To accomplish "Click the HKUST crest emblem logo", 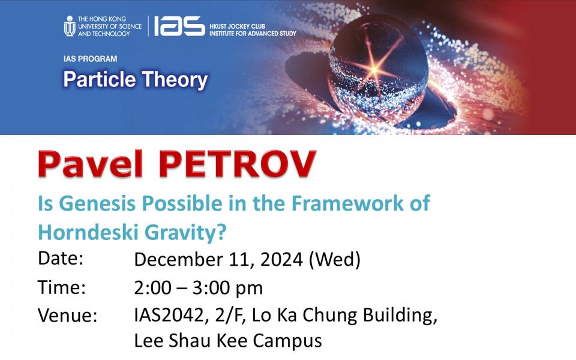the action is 70,26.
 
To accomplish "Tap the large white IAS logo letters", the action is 179,26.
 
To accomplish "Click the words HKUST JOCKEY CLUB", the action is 238,26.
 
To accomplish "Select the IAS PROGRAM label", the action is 90,59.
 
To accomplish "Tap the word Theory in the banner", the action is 175,80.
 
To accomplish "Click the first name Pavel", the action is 90,164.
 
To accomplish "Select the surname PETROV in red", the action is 238,164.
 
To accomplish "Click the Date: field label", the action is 61,258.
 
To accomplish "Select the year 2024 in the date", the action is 282,259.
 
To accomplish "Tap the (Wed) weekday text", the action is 335,259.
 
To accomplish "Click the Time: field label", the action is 61,287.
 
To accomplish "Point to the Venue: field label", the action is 68,316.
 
